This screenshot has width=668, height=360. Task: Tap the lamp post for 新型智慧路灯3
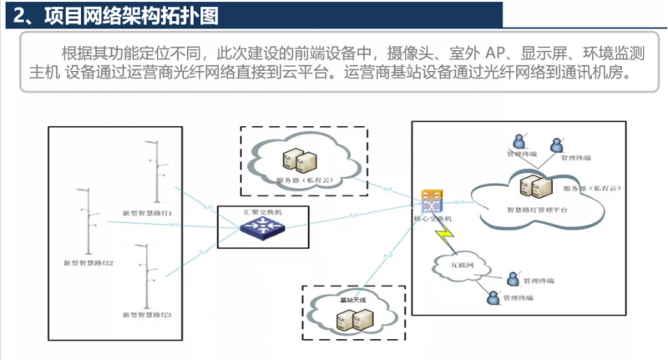(147, 276)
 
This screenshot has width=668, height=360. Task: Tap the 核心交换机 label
(432, 219)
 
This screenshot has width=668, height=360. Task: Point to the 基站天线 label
(352, 298)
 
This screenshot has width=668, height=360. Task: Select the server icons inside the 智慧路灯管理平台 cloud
(534, 186)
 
